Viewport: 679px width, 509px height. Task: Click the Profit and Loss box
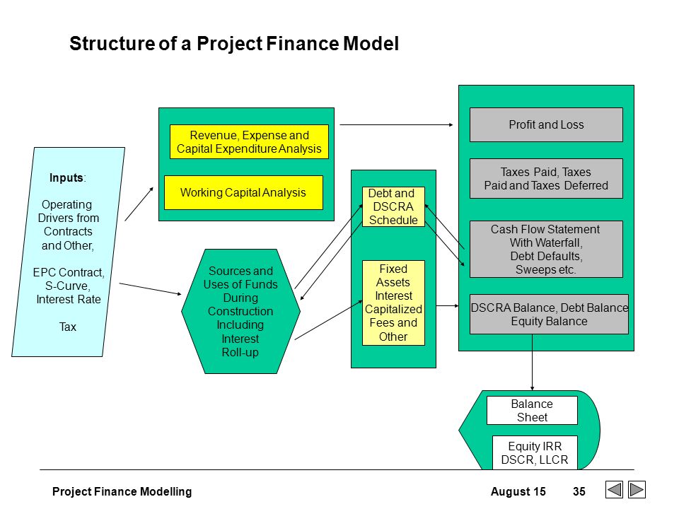pyautogui.click(x=546, y=124)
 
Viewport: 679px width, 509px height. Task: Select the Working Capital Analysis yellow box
pyautogui.click(x=243, y=192)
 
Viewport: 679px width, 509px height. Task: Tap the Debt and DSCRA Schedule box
pyautogui.click(x=393, y=206)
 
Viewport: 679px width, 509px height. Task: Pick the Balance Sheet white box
pyautogui.click(x=532, y=410)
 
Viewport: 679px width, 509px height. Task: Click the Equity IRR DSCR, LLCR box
pyautogui.click(x=535, y=452)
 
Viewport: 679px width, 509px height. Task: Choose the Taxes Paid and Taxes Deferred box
pyautogui.click(x=546, y=178)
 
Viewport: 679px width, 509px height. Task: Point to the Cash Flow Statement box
pyautogui.click(x=546, y=249)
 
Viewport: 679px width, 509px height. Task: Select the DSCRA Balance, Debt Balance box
pyautogui.click(x=549, y=314)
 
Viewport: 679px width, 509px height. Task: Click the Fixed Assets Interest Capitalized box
pyautogui.click(x=393, y=303)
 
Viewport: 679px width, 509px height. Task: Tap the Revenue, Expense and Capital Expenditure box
pyautogui.click(x=249, y=142)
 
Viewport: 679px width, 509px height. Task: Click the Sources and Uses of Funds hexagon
pyautogui.click(x=240, y=311)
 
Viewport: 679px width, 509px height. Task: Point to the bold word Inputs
pyautogui.click(x=66, y=177)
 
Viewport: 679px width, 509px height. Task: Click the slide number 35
pyautogui.click(x=579, y=491)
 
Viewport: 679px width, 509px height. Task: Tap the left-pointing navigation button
pyautogui.click(x=614, y=489)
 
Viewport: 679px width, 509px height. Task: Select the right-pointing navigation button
pyautogui.click(x=637, y=489)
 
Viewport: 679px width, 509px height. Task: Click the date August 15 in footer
pyautogui.click(x=518, y=492)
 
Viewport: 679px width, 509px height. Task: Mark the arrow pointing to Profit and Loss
pyautogui.click(x=396, y=124)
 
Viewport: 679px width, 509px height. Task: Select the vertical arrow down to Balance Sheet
pyautogui.click(x=532, y=362)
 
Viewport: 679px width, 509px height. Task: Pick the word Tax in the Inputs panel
pyautogui.click(x=68, y=327)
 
